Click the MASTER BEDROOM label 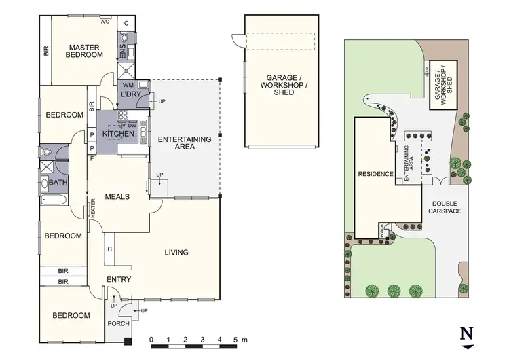84,52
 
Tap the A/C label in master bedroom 105,22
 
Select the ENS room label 123,52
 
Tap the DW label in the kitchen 133,125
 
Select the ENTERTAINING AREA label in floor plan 185,143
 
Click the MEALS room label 117,196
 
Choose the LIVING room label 176,253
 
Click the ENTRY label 119,279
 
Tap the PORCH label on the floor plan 118,334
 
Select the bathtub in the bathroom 53,201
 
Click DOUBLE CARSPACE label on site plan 445,207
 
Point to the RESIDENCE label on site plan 376,174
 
